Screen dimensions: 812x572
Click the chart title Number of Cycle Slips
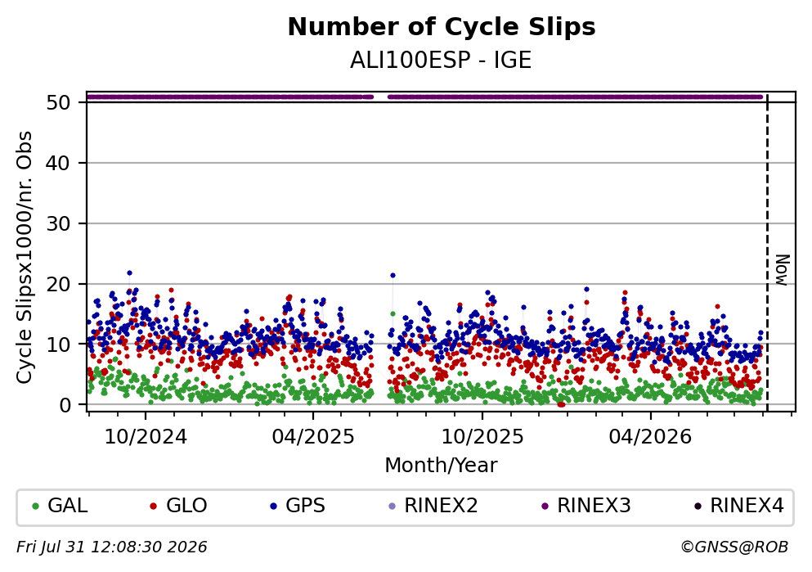442,27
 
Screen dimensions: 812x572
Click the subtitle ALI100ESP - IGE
441,61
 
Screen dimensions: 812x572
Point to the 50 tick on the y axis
58,102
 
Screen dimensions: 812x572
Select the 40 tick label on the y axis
58,163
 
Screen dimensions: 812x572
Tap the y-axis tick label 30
58,223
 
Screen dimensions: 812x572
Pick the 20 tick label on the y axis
58,284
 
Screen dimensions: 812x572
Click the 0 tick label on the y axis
65,404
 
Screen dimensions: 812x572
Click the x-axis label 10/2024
146,437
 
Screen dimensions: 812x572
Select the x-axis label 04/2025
313,437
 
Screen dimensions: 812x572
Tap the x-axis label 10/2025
482,437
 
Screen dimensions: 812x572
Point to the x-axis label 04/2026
650,437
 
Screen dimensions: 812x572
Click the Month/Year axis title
442,466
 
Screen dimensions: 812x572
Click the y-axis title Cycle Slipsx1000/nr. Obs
24,257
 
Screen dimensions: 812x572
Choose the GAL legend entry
60,506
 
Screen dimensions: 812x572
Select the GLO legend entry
178,506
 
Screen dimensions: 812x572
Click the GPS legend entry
298,506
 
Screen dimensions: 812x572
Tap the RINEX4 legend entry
739,506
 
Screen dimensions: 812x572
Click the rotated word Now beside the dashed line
782,270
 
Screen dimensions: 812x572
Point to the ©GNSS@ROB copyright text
734,547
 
